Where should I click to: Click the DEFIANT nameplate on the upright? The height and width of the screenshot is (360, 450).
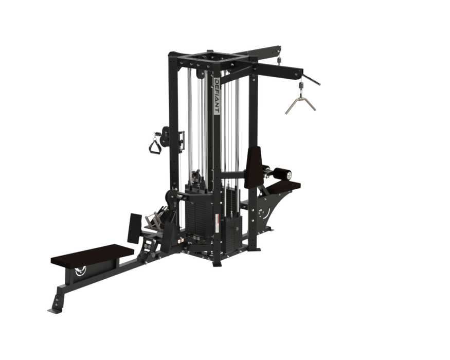217,96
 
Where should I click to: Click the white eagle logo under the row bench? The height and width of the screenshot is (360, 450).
80,272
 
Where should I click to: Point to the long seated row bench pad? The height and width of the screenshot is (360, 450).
93,255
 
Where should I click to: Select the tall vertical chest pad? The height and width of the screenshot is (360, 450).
254,167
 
